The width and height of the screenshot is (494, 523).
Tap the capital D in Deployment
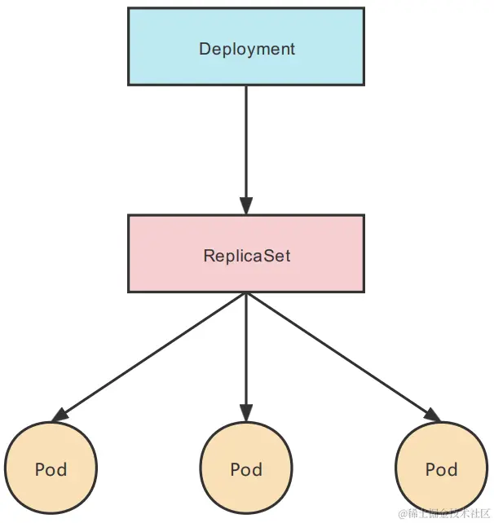204,49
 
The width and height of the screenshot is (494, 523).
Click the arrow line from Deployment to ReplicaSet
246,138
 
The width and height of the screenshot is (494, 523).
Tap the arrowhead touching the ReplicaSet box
246,205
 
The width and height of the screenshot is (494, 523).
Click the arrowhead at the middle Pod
246,413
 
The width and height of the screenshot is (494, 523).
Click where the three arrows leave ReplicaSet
246,294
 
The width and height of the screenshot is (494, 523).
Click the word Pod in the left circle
51,470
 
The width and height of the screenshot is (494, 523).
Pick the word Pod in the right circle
441,470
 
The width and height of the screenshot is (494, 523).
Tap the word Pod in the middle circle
246,470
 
